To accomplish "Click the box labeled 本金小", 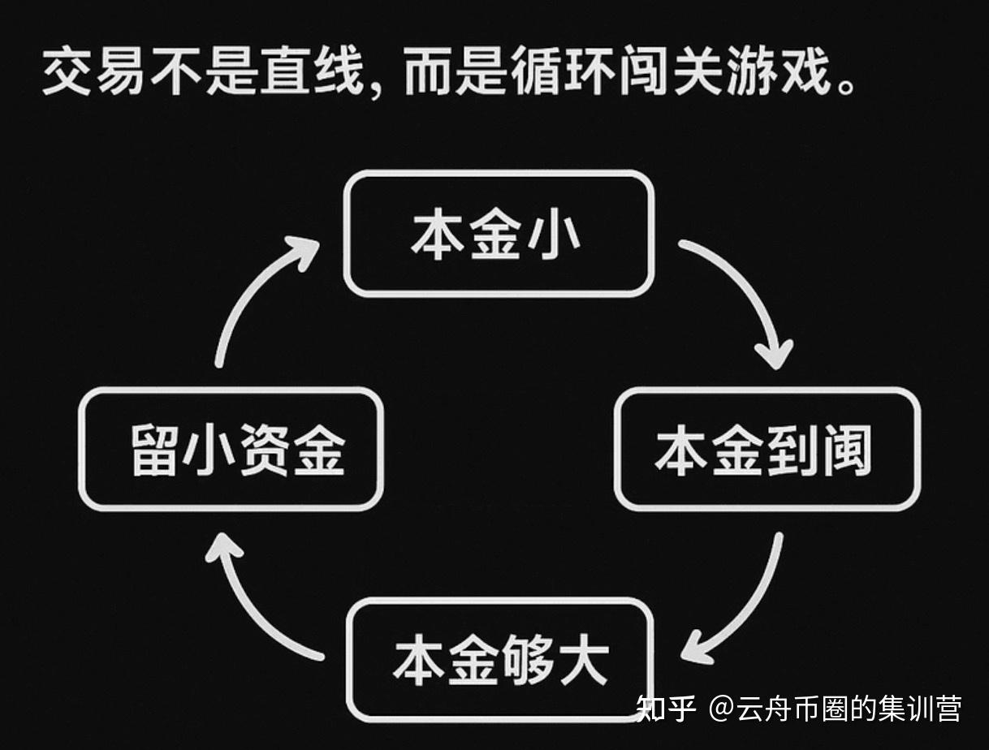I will pos(498,234).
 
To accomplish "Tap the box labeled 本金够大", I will pos(499,659).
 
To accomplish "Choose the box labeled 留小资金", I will pos(231,449).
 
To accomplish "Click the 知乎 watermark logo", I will pos(666,708).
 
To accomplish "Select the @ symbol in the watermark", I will pos(721,708).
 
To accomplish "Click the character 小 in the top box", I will pos(555,234).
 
